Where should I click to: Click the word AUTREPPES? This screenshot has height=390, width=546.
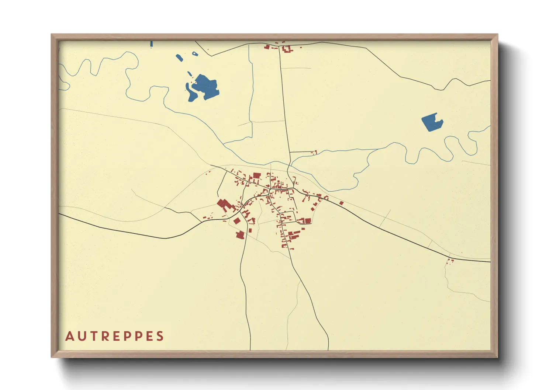(x=114, y=336)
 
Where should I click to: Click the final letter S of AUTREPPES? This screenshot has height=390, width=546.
(x=160, y=336)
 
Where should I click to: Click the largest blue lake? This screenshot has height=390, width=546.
(x=205, y=87)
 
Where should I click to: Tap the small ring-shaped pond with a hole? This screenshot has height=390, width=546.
(x=194, y=54)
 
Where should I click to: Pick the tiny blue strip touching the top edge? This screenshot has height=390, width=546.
(x=151, y=44)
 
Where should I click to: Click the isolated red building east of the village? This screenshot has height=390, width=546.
(x=341, y=203)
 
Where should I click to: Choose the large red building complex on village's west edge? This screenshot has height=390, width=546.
(x=224, y=205)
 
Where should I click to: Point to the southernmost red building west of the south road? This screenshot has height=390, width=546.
(x=240, y=235)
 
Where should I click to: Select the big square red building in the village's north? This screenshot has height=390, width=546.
(x=257, y=175)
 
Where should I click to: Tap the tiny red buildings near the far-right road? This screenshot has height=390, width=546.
(x=450, y=261)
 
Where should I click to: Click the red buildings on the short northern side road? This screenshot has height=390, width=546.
(x=315, y=152)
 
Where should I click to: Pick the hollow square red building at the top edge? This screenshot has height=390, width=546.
(x=287, y=49)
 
